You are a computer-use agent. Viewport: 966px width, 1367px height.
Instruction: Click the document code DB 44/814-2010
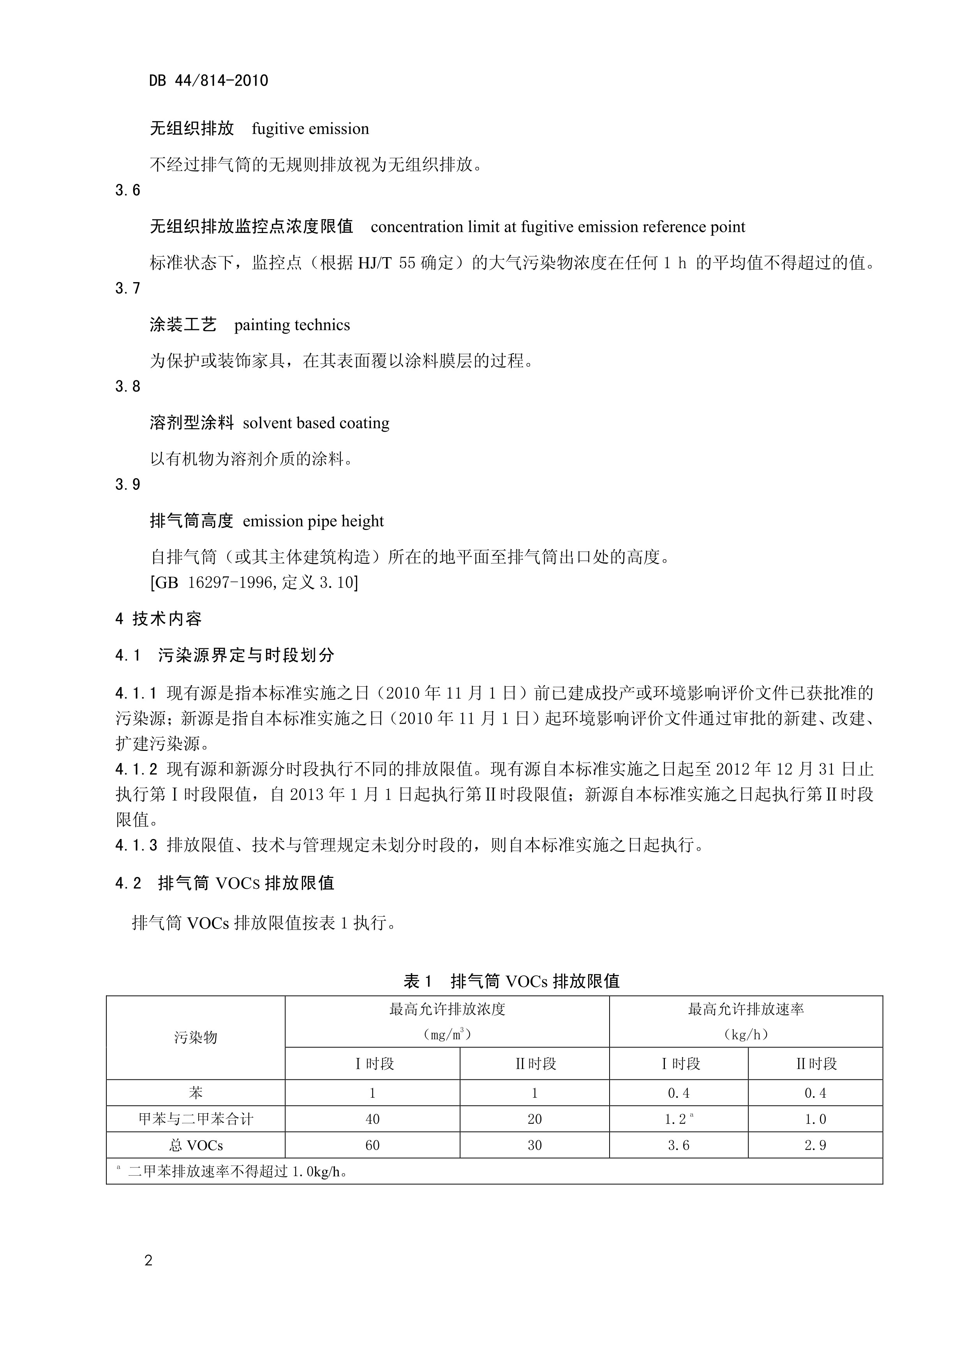tap(208, 80)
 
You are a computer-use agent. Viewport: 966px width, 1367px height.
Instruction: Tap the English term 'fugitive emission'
tap(310, 129)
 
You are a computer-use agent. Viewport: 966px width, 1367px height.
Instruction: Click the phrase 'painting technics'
tap(292, 325)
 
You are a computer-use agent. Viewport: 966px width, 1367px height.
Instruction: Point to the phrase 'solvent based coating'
tap(316, 423)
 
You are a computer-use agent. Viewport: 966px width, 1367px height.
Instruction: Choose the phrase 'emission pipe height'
tap(313, 521)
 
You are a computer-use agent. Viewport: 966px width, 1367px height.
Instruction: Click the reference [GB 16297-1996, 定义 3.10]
tap(254, 582)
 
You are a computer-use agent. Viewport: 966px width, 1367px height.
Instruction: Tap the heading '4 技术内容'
tap(158, 619)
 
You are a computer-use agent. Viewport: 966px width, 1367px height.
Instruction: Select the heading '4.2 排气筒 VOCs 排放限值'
tap(225, 883)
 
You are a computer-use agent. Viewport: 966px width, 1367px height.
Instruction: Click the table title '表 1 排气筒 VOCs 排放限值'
tap(511, 982)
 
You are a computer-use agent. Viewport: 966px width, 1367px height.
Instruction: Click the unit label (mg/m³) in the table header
tap(447, 1035)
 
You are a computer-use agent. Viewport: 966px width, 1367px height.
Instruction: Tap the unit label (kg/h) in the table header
tap(746, 1035)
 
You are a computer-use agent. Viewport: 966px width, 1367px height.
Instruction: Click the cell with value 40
tap(373, 1119)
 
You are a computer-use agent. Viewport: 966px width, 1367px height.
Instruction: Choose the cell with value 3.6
tap(679, 1146)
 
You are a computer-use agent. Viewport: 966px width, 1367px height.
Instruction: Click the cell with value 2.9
tap(815, 1146)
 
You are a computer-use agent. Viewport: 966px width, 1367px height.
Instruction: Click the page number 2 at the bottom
tap(148, 1261)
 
